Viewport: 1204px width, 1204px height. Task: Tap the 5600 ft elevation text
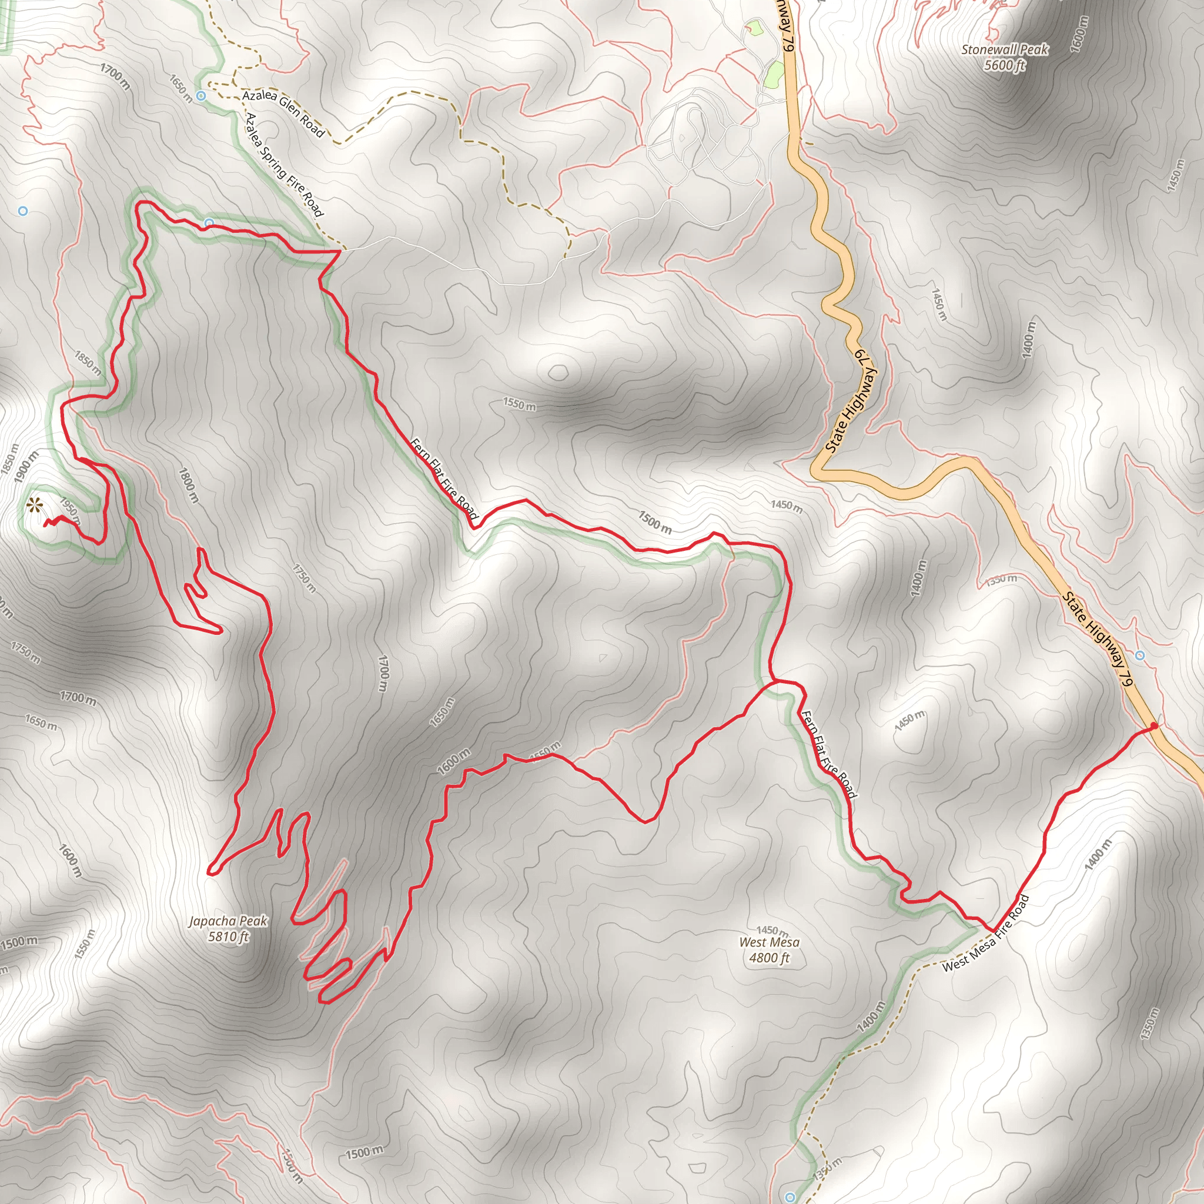[x=1005, y=65]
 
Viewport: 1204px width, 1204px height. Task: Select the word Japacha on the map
[x=212, y=921]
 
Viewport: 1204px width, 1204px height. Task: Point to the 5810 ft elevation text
[x=228, y=937]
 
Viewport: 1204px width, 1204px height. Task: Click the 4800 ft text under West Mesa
[x=770, y=958]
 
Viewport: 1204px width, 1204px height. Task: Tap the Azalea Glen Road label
[x=283, y=113]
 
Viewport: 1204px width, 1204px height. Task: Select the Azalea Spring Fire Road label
[x=284, y=165]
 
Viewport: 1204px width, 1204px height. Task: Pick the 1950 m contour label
[x=70, y=509]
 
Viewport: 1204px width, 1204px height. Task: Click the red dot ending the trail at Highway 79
[x=1153, y=726]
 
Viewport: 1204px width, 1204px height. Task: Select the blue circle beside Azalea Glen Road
[x=200, y=96]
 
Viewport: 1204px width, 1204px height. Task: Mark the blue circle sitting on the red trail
[x=209, y=223]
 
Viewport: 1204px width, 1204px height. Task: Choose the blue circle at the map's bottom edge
[x=790, y=1197]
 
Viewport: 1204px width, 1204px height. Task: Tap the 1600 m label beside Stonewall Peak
[x=1080, y=34]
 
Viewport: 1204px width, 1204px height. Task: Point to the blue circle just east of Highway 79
[x=1140, y=655]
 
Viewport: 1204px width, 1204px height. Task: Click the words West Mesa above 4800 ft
[x=769, y=942]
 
